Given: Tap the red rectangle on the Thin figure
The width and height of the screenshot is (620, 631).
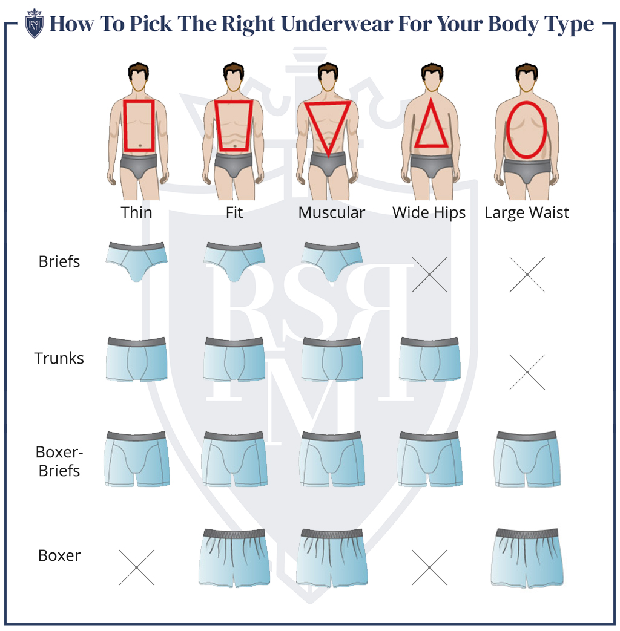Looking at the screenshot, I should click(x=139, y=126).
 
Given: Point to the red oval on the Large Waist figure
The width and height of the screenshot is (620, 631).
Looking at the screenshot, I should click(x=526, y=129).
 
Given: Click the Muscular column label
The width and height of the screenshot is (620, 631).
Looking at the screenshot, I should click(x=331, y=213).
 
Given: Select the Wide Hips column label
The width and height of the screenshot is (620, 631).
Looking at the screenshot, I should click(x=429, y=213).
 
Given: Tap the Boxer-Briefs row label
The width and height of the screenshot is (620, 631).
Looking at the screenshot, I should click(x=58, y=461).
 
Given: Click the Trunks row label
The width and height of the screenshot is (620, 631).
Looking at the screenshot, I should click(x=59, y=358).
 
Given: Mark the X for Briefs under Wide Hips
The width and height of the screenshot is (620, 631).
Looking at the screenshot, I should click(x=429, y=275).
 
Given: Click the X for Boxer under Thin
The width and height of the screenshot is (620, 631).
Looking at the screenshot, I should click(x=136, y=567).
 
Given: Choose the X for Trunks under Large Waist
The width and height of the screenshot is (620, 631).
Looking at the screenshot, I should click(x=527, y=372).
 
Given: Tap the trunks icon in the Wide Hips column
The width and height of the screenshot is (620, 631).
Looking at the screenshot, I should click(x=429, y=359).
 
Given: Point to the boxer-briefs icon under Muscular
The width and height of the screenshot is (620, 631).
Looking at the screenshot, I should click(x=332, y=459).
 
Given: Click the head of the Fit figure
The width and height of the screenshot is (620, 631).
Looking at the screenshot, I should click(x=233, y=77).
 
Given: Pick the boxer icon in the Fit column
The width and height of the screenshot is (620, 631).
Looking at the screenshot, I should click(x=234, y=557).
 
